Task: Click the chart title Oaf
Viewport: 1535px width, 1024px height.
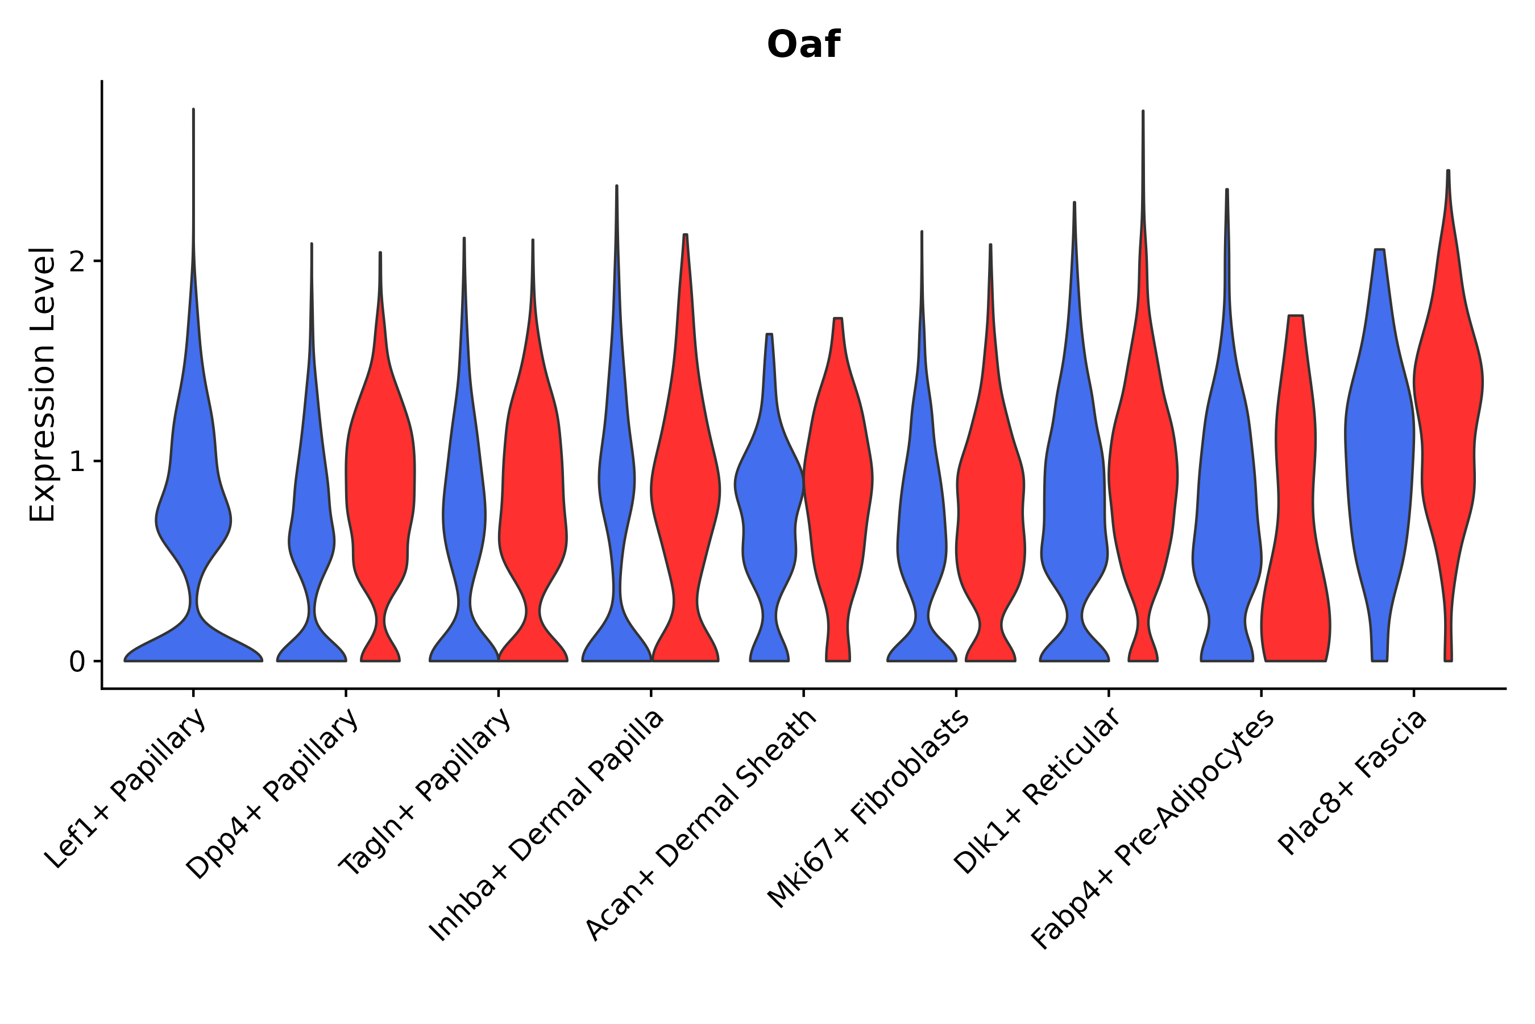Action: pos(803,45)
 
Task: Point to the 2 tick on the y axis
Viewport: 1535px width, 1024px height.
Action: pos(77,261)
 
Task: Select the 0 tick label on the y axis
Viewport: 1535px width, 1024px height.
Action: pos(77,662)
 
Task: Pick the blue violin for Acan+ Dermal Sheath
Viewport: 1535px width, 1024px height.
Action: pos(769,496)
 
